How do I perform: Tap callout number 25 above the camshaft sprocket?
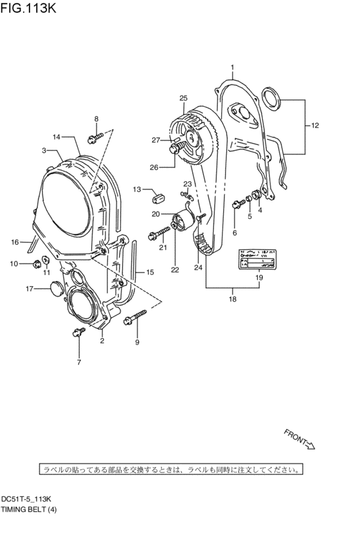183,98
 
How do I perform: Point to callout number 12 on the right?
314,127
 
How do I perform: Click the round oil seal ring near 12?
274,100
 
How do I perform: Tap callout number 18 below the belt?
232,298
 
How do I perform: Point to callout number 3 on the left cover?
44,150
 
